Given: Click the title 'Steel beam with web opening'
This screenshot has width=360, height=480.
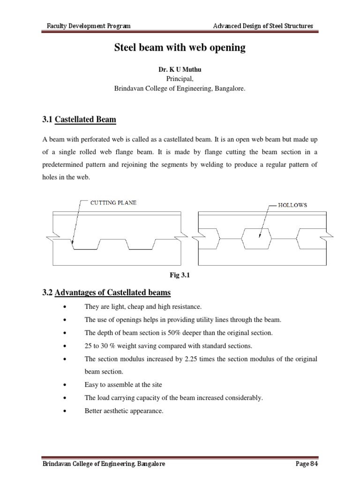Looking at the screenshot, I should pyautogui.click(x=180, y=48).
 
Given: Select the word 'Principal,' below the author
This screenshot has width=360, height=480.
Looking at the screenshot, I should pyautogui.click(x=180, y=79).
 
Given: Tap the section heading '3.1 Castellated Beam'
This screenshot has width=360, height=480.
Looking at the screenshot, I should pyautogui.click(x=79, y=120).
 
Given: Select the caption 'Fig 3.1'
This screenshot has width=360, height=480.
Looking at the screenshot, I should pyautogui.click(x=180, y=276).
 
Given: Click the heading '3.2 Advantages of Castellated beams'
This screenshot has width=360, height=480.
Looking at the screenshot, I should pyautogui.click(x=107, y=293).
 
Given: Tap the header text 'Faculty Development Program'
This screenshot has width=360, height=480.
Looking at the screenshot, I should pyautogui.click(x=89, y=26).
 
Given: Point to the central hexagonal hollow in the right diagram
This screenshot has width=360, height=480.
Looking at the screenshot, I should pyautogui.click(x=256, y=239).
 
